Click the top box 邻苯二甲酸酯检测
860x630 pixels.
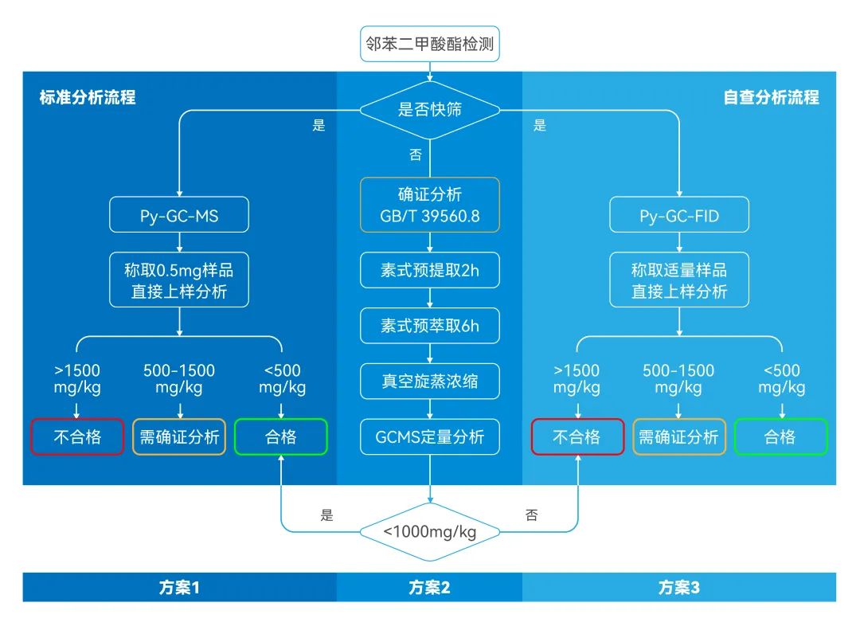430,43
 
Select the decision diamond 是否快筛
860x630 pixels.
430,109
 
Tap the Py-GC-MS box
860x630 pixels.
179,216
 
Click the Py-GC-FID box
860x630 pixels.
679,216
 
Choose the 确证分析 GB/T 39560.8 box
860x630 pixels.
430,205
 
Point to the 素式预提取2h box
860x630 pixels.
430,271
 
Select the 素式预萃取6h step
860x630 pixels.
430,326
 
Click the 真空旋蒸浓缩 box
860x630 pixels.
430,382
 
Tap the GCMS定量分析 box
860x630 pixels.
430,436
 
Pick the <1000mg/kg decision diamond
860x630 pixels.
430,531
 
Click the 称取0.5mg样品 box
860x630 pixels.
179,280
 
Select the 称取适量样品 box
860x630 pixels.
679,280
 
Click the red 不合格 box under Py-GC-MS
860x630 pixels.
77,436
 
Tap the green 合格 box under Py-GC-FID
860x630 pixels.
780,436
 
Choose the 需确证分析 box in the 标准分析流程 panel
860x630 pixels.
179,436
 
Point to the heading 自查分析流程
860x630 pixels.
771,97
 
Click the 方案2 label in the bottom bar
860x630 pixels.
430,588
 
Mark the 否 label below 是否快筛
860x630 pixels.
416,155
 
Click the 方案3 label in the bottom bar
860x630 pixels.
679,588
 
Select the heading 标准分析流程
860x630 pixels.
88,97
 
